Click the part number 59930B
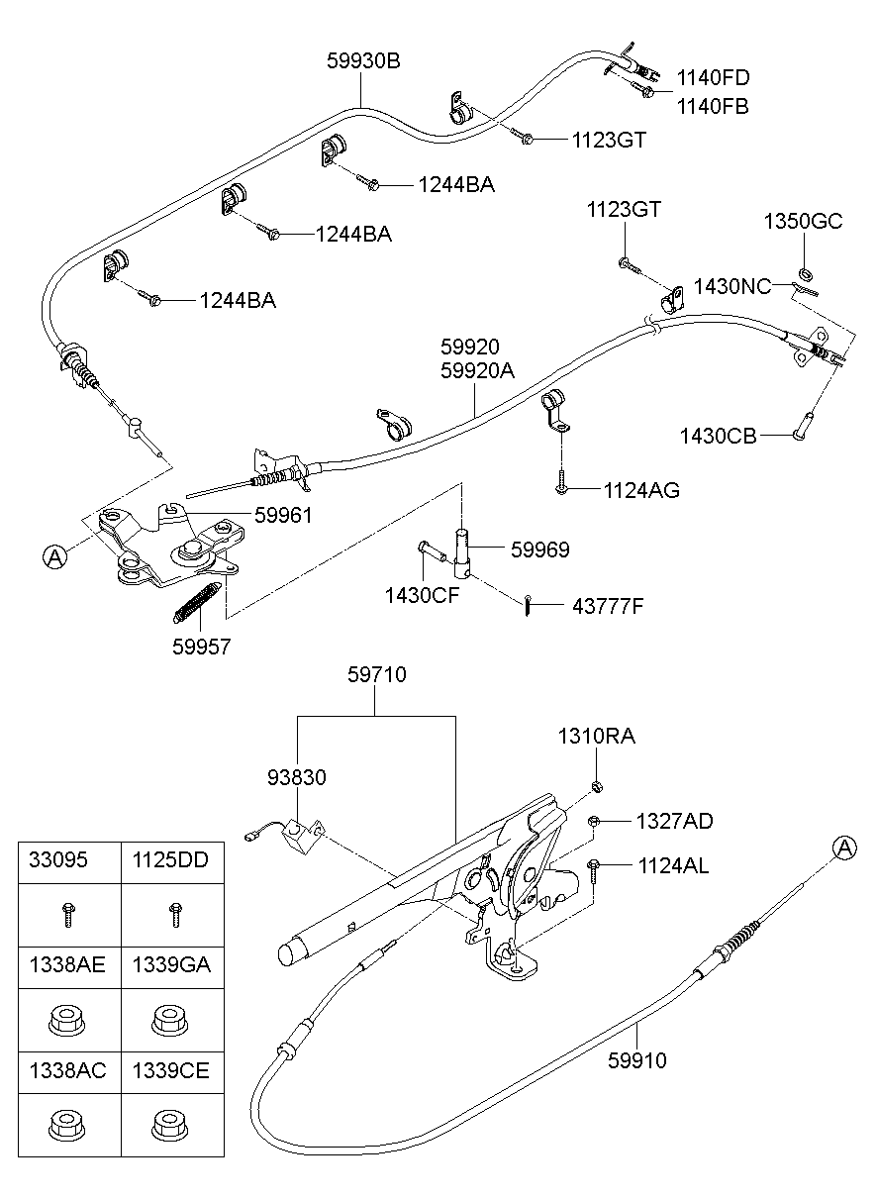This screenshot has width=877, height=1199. (x=363, y=60)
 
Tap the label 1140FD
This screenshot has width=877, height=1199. (x=713, y=77)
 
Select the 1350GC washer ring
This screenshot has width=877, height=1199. (x=805, y=272)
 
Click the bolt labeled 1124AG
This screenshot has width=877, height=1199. (x=561, y=485)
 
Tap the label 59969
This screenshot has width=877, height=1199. (x=539, y=550)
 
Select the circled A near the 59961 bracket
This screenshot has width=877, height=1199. (x=55, y=557)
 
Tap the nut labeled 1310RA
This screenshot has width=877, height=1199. (x=598, y=786)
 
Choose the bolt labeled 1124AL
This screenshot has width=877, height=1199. (x=593, y=868)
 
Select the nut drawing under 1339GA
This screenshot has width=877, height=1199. (x=171, y=1017)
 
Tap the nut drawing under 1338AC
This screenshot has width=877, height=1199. (x=66, y=1124)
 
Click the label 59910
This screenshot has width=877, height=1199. (x=637, y=1060)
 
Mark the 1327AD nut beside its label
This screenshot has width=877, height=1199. (x=594, y=821)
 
